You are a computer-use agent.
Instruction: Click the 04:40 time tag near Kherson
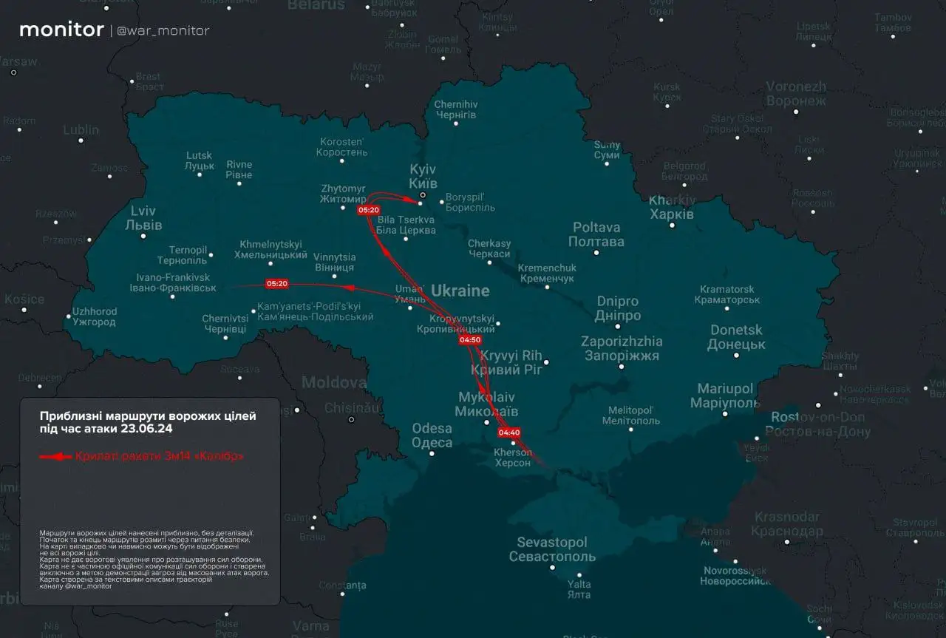point(510,432)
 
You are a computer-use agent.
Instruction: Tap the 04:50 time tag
point(470,340)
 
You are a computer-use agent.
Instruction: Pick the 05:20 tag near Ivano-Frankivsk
point(277,284)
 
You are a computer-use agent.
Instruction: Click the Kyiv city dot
point(422,196)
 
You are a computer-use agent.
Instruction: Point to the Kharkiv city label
point(671,208)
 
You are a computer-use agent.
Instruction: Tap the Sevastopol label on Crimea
point(552,549)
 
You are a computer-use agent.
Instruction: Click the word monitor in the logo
point(61,30)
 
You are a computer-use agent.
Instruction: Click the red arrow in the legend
point(55,456)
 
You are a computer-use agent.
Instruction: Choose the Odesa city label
point(432,435)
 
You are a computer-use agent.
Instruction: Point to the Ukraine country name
point(460,290)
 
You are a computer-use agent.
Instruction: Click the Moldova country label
point(333,383)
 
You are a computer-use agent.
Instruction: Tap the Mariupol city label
point(724,396)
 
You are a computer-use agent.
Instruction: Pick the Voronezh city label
point(795,93)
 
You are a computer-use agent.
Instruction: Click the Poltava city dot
point(596,253)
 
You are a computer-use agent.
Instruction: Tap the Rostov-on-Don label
point(817,425)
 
